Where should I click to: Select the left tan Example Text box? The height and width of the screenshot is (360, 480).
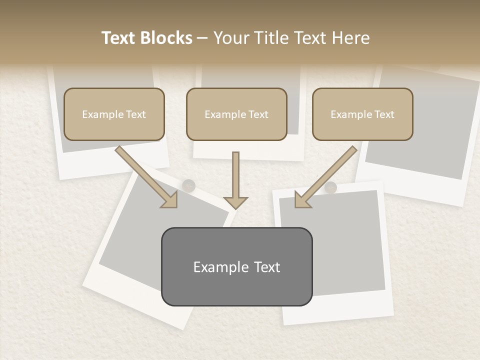114,114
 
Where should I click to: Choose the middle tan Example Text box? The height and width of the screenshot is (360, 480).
236,114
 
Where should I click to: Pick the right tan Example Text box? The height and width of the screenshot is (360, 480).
362,114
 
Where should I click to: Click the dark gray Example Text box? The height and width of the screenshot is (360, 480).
236,266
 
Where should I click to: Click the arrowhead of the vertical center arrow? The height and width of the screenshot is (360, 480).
235,202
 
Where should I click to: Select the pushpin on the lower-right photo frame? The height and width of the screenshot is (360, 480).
331,188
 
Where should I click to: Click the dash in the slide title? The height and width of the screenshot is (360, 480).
202,38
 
